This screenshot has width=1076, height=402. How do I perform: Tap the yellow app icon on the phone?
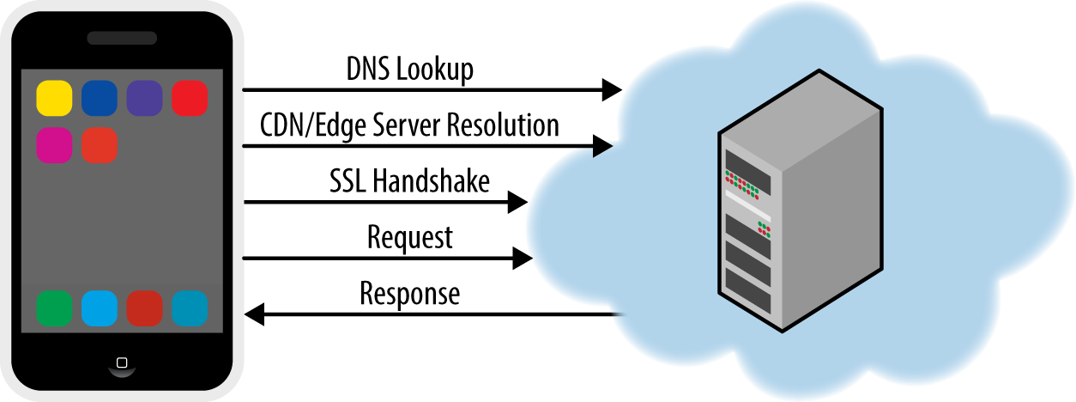(54, 98)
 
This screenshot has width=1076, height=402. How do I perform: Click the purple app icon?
(145, 98)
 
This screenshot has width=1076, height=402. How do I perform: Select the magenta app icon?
(54, 145)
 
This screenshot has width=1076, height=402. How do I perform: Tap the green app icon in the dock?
(54, 308)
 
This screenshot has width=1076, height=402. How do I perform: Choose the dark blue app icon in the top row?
(100, 98)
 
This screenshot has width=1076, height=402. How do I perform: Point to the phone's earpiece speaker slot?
(122, 38)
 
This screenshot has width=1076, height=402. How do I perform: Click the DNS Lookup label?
(410, 70)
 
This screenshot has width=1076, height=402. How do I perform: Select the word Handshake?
(431, 180)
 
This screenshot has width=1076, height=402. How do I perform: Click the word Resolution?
(503, 125)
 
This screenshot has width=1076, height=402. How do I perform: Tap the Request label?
(410, 238)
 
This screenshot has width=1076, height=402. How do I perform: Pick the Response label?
(410, 293)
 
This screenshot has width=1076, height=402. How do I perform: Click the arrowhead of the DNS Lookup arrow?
(612, 90)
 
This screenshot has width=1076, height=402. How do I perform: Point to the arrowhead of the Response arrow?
(254, 314)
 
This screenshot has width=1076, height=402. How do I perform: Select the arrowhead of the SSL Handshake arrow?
(517, 202)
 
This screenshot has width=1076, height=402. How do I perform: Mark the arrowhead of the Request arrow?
(523, 259)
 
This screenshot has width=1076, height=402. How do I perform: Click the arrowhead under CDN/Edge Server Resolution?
(603, 146)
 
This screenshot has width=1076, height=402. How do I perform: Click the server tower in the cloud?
(801, 201)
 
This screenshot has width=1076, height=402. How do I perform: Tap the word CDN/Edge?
(312, 126)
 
